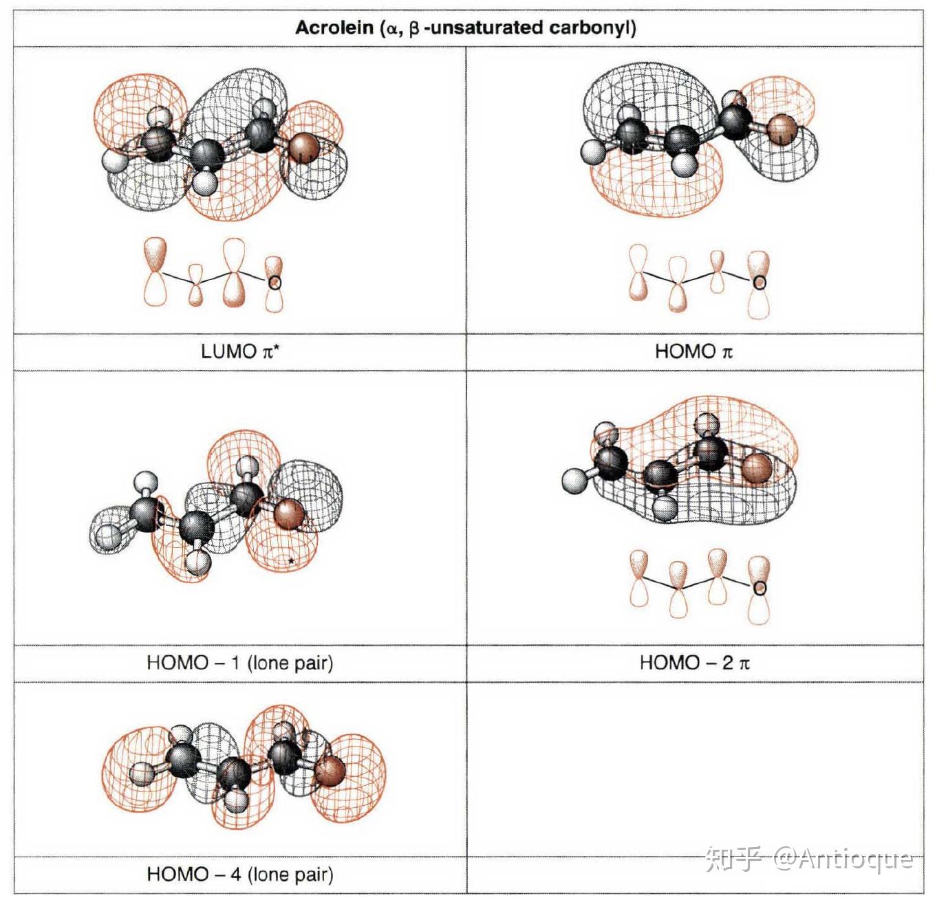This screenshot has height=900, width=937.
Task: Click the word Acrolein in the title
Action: [x=334, y=28]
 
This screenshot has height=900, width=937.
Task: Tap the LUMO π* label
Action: [x=240, y=352]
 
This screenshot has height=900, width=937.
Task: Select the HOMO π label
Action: [x=694, y=352]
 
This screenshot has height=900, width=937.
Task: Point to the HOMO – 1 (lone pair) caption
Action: [x=240, y=663]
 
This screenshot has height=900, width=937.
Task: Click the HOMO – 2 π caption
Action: [x=695, y=663]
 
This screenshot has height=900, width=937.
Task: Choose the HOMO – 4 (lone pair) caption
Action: [x=240, y=874]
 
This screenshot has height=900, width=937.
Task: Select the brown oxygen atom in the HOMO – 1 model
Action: [x=290, y=514]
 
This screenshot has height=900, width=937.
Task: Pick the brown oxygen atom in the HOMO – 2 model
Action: [x=757, y=469]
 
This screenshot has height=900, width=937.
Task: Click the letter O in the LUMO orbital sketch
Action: [x=274, y=283]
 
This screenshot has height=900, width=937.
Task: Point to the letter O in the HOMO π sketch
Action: [x=760, y=283]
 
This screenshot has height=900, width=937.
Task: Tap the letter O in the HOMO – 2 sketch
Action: [x=760, y=588]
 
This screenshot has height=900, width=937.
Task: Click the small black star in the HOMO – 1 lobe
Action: [x=290, y=560]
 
